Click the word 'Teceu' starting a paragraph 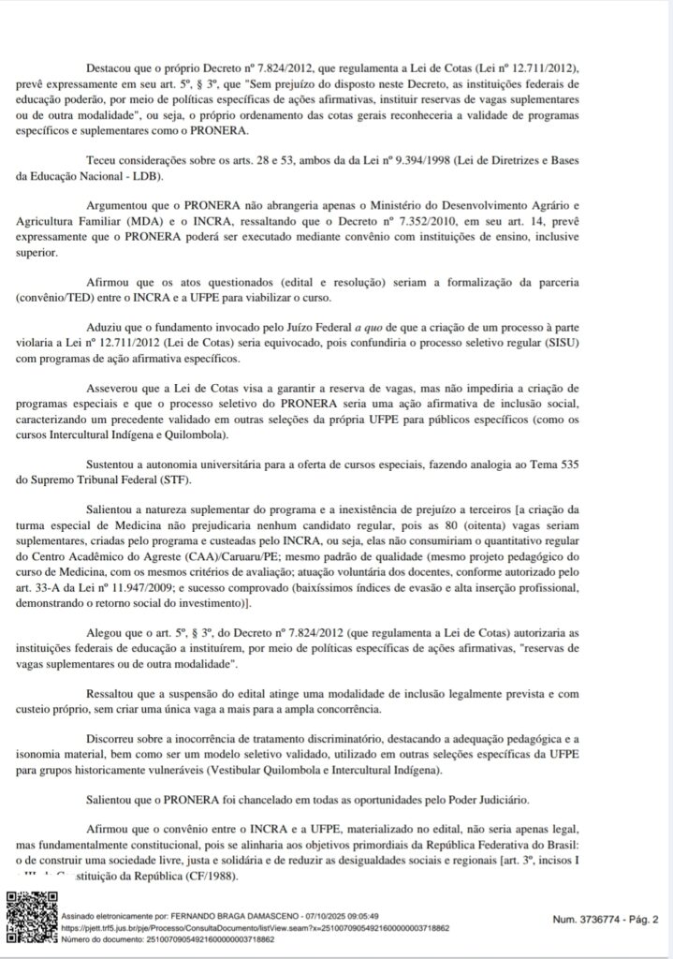(102, 160)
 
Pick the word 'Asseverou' (115, 388)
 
